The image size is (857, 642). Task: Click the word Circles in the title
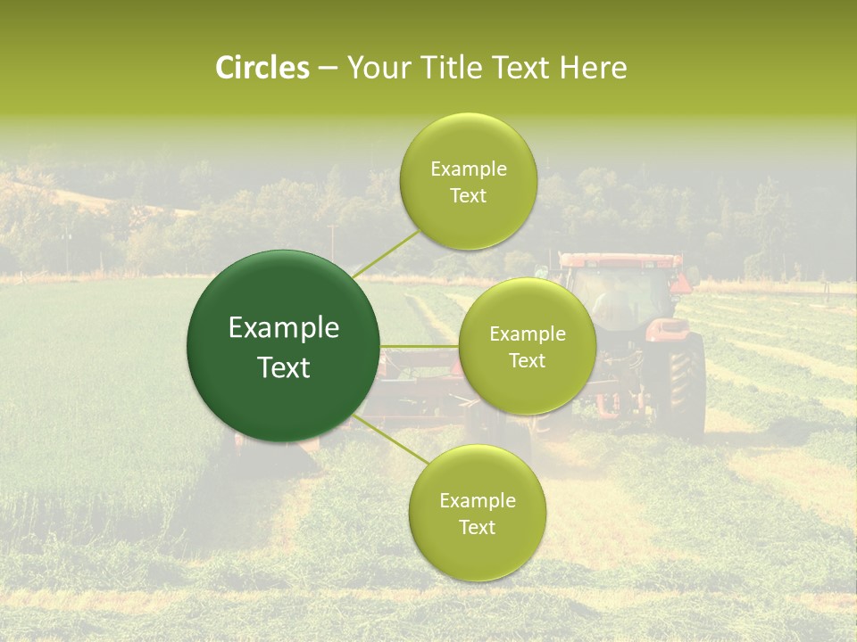[x=262, y=68]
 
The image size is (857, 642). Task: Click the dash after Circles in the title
[x=328, y=69]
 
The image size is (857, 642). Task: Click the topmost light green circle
[x=468, y=181]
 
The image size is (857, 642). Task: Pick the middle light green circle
[x=527, y=346]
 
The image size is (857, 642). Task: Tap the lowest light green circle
[x=477, y=513]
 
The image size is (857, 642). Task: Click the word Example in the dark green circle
[x=284, y=328]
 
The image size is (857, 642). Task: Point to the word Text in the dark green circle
[x=284, y=367]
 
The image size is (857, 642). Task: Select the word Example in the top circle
[x=468, y=169]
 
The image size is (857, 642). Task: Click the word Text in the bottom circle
[x=477, y=527]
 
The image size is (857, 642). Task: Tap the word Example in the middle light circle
[x=527, y=334]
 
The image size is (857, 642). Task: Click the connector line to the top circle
[x=386, y=252]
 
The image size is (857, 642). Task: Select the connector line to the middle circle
[x=419, y=346]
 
